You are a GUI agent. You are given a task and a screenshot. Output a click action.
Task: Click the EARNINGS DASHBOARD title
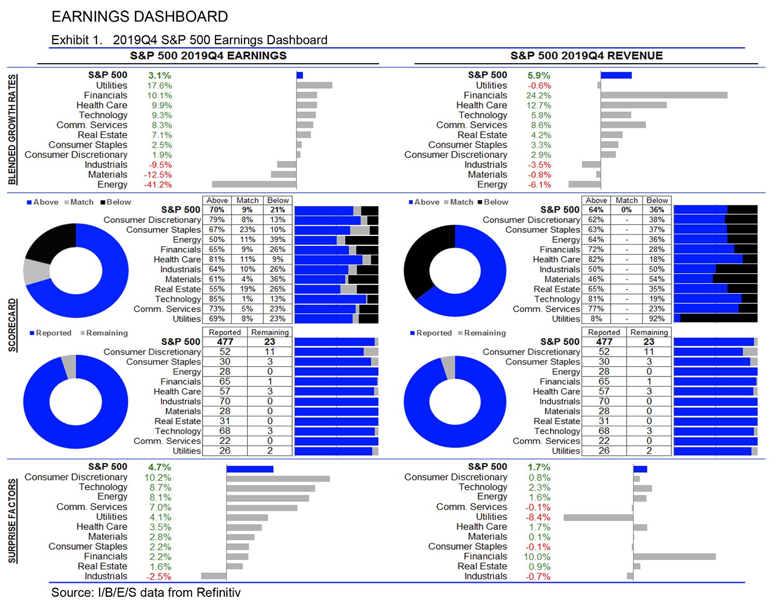click(x=139, y=17)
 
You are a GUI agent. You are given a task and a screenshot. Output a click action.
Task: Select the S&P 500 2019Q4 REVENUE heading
click(x=586, y=55)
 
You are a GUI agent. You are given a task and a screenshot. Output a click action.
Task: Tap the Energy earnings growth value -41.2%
click(x=157, y=185)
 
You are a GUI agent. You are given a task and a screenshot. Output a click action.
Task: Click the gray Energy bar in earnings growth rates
click(x=254, y=184)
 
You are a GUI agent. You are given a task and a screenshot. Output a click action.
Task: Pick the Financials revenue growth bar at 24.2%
click(x=664, y=95)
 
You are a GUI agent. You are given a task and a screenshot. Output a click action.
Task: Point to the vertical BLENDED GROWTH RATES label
click(x=12, y=130)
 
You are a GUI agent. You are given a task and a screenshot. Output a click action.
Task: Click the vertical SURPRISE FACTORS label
click(x=12, y=521)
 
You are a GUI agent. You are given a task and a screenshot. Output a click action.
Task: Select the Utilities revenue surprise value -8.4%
click(x=538, y=517)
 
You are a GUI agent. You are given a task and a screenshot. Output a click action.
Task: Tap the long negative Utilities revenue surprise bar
click(x=598, y=517)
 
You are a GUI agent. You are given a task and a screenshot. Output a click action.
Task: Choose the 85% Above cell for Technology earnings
click(x=217, y=299)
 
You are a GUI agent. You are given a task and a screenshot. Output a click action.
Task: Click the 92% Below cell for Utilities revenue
click(x=656, y=319)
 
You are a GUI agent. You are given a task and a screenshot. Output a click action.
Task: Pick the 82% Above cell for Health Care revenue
click(x=596, y=259)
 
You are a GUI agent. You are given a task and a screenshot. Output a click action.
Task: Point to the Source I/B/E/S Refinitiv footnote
click(x=146, y=592)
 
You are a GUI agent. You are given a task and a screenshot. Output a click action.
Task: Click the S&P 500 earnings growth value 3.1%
click(x=159, y=75)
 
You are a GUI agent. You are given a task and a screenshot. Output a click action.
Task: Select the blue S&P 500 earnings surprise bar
click(x=250, y=469)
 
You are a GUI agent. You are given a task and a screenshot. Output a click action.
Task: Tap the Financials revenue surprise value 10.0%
click(x=537, y=556)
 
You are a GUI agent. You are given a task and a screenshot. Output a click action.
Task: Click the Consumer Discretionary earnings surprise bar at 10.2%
click(x=278, y=479)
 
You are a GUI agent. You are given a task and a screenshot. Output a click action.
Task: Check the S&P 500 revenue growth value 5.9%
click(x=539, y=75)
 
